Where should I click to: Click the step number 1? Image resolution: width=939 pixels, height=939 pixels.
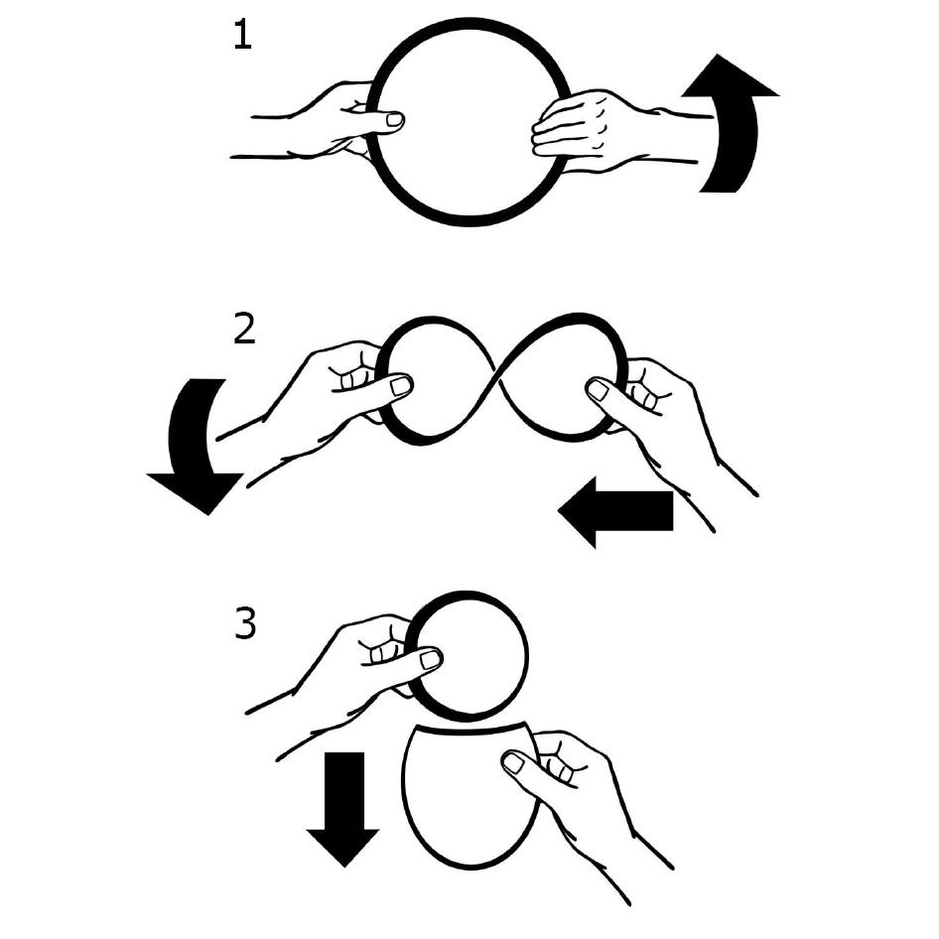click(242, 36)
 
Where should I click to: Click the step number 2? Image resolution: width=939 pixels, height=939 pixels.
click(244, 330)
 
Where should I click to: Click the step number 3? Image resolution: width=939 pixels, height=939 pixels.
click(245, 623)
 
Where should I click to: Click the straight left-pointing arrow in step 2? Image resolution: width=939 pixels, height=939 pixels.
click(615, 512)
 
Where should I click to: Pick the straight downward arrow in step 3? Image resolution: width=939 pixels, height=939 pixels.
click(343, 808)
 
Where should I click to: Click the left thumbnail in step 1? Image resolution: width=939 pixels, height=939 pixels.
click(395, 120)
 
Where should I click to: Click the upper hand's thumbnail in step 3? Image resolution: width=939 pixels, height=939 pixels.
click(430, 660)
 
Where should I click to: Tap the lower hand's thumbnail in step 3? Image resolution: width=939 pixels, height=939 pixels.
click(512, 763)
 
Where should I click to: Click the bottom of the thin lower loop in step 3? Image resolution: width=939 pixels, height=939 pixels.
click(470, 866)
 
